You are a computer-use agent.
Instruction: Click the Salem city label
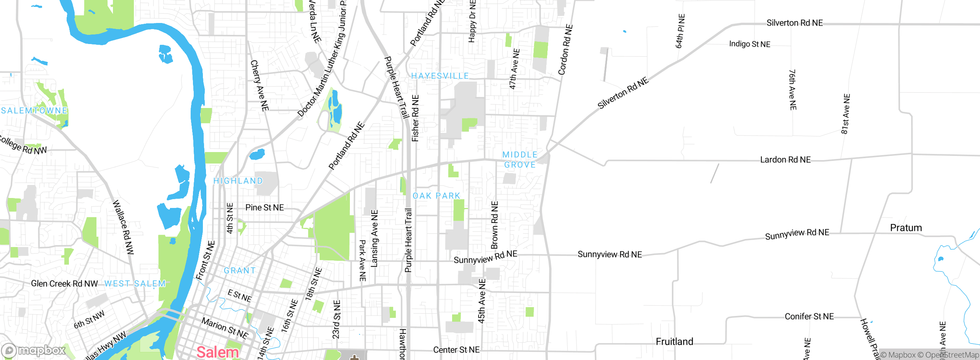(x=217, y=352)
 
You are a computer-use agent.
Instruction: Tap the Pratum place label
(x=906, y=228)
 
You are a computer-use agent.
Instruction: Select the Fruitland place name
(x=674, y=341)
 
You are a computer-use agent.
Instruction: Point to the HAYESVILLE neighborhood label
(x=440, y=76)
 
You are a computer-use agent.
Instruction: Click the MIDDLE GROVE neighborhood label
(x=519, y=160)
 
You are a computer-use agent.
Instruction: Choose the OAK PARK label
(x=436, y=196)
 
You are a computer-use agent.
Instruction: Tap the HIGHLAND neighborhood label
(x=238, y=181)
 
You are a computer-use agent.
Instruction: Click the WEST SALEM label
(x=135, y=283)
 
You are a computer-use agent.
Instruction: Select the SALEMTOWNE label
(x=34, y=110)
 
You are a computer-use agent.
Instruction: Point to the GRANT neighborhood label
(x=240, y=270)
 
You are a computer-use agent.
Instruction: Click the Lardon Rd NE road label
(x=785, y=160)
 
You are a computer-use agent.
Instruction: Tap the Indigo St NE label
(x=750, y=44)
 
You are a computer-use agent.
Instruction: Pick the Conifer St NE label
(x=809, y=316)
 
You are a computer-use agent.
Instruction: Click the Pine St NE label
(x=265, y=208)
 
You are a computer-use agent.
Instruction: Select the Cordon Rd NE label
(x=565, y=50)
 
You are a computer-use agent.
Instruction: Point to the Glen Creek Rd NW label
(x=64, y=283)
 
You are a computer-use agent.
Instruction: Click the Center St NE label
(x=456, y=350)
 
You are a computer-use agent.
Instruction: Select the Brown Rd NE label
(x=495, y=225)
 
